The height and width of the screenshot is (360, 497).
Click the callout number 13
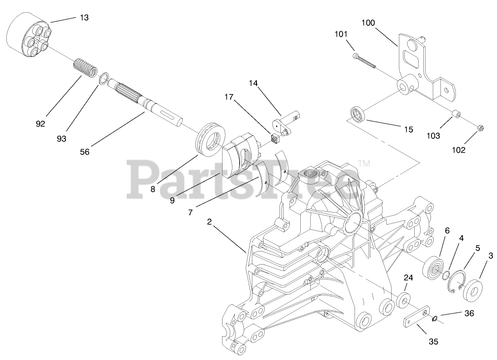[x=84, y=18]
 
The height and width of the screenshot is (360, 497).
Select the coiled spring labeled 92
[x=85, y=68]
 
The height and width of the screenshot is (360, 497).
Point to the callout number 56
[x=84, y=152]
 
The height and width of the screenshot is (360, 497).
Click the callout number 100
[x=368, y=22]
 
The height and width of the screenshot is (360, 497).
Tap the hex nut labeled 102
[x=481, y=129]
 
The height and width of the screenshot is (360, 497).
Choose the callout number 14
[x=252, y=83]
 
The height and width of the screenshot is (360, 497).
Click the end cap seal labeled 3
[x=473, y=290]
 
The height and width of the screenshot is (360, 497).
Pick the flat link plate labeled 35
[x=416, y=318]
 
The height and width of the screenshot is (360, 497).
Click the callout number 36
[x=469, y=313]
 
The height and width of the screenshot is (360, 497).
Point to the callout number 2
[x=209, y=222]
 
